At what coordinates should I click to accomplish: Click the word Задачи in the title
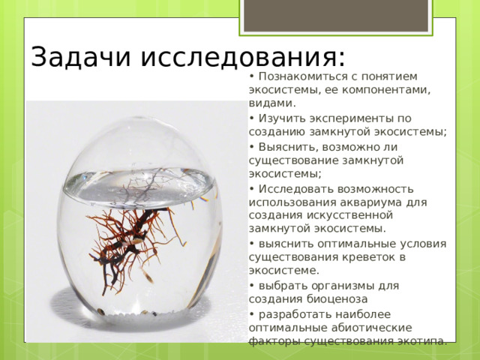(x=81, y=57)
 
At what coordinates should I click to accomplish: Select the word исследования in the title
(x=242, y=58)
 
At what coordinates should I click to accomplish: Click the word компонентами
(x=386, y=90)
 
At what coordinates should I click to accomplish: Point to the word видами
(x=272, y=103)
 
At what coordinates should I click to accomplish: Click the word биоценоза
(x=337, y=299)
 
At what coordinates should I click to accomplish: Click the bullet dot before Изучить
(x=252, y=118)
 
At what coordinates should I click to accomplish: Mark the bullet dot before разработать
(x=252, y=314)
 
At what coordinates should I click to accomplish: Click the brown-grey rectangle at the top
(x=336, y=15)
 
